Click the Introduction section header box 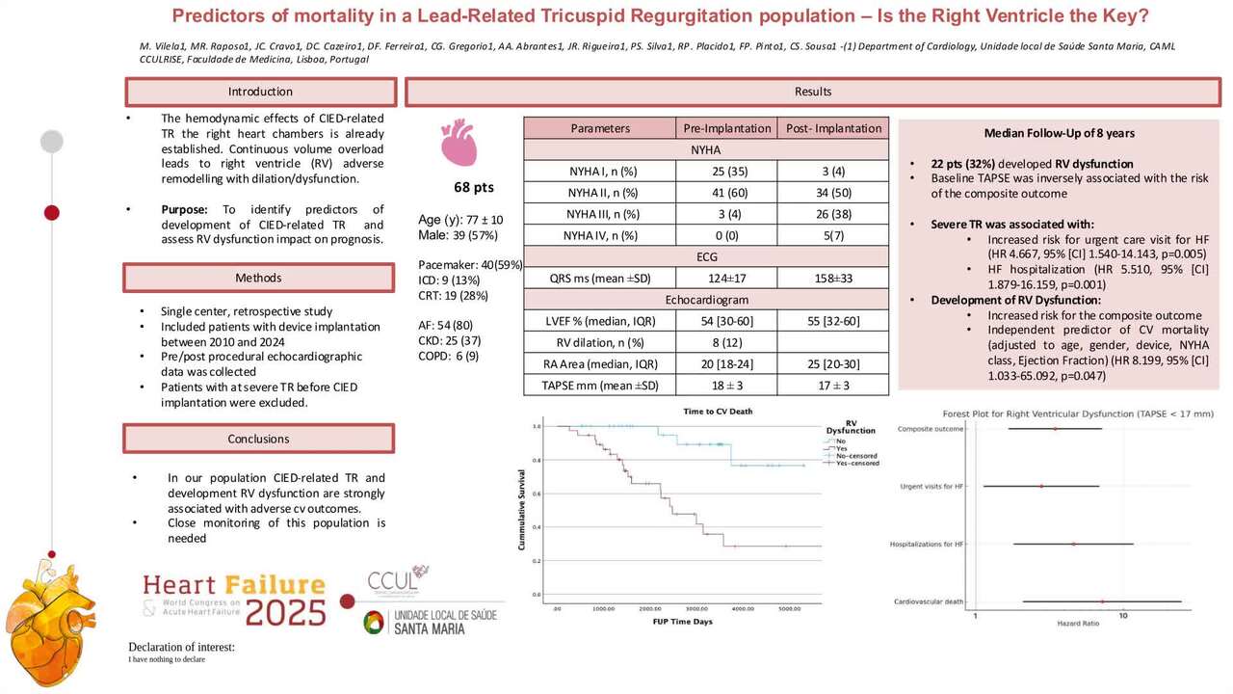pos(260,92)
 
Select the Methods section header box pos(260,278)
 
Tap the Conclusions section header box pos(260,439)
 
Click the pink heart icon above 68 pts pos(459,142)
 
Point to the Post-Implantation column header pos(833,128)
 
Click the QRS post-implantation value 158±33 pos(833,279)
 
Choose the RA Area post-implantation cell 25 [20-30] pos(833,363)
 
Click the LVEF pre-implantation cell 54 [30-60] pos(726,321)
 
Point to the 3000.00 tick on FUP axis pos(696,609)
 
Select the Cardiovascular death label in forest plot pos(930,601)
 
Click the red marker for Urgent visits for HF pos(1042,486)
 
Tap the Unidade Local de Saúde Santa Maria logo pos(430,622)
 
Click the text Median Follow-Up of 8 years pos(1059,133)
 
